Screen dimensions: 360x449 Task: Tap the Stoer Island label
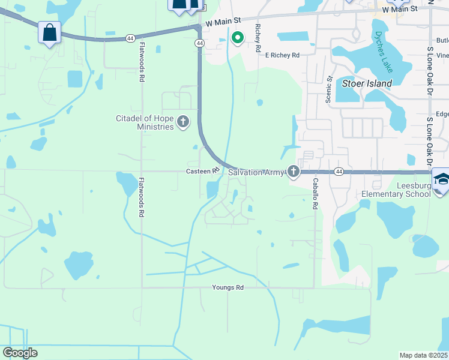(x=367, y=83)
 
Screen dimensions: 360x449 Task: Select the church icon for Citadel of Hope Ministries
(x=183, y=123)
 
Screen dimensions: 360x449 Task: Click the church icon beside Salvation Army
(x=294, y=172)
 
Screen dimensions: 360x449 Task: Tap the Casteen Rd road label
(x=199, y=172)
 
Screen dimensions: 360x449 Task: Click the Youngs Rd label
(x=228, y=288)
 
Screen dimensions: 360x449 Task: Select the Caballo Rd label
(x=315, y=193)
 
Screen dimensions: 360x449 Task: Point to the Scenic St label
(x=329, y=89)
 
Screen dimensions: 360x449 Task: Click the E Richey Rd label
(x=282, y=55)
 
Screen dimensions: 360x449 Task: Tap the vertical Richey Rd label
(x=258, y=36)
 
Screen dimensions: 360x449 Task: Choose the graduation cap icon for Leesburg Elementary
(x=441, y=179)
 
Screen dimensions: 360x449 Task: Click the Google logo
(x=20, y=353)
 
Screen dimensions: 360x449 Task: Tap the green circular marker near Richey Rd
(x=238, y=38)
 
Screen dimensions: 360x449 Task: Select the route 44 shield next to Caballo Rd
(x=339, y=172)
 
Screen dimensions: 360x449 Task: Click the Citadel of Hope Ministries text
(x=145, y=123)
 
